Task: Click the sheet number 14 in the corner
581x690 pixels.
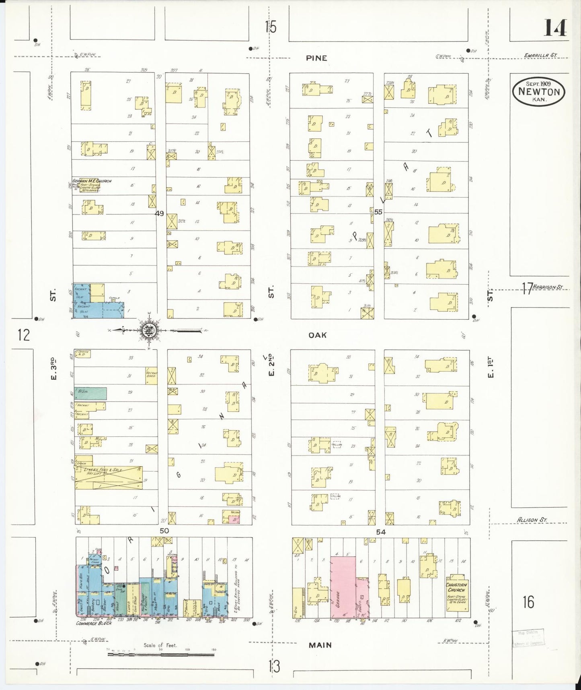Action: pyautogui.click(x=556, y=28)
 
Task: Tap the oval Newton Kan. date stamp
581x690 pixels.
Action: pyautogui.click(x=539, y=91)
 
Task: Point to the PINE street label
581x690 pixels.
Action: pyautogui.click(x=316, y=58)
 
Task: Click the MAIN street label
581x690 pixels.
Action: pyautogui.click(x=320, y=645)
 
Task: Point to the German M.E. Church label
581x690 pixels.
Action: pyautogui.click(x=92, y=181)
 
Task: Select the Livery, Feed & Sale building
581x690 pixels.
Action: pyautogui.click(x=109, y=477)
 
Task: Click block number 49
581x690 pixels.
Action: pyautogui.click(x=160, y=213)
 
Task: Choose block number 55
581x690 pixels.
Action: pyautogui.click(x=378, y=212)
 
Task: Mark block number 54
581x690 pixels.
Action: pyautogui.click(x=381, y=532)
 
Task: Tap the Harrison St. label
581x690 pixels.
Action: pyautogui.click(x=548, y=287)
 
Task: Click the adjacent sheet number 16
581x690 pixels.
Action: pyautogui.click(x=528, y=602)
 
